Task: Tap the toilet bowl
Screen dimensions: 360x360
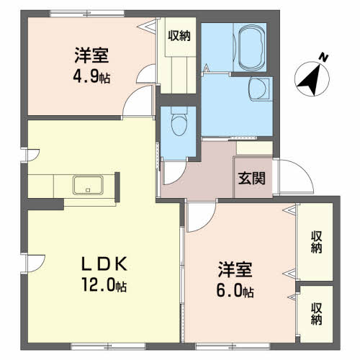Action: (179, 125)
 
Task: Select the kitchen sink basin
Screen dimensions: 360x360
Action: (88, 185)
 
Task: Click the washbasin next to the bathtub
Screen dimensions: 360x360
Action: (258, 89)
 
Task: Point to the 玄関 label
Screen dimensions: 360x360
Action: (251, 179)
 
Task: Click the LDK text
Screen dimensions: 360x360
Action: (104, 264)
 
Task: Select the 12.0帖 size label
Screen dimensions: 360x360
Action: (104, 284)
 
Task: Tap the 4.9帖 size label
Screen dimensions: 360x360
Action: (91, 76)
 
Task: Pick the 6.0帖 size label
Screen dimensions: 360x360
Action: (235, 291)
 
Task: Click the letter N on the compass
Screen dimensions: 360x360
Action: (323, 58)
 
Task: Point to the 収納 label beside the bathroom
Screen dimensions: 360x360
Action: (179, 36)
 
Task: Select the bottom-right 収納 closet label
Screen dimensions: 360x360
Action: (316, 314)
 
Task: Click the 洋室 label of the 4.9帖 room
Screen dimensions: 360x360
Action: (91, 55)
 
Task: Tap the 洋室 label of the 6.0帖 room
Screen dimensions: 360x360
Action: (235, 269)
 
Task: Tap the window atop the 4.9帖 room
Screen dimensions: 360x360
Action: (87, 14)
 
